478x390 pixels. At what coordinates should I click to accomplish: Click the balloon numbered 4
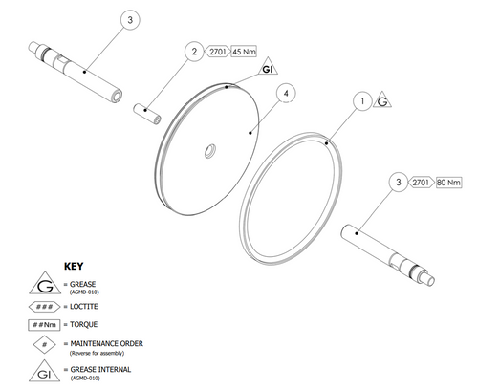286,94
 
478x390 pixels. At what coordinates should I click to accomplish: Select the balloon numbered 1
362,101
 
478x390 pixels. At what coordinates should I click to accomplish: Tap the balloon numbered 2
194,52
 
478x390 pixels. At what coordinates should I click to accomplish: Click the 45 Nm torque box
244,52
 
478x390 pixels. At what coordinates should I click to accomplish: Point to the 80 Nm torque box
448,183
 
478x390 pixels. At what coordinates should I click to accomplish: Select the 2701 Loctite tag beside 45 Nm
217,52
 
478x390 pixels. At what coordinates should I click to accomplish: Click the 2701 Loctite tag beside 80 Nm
422,183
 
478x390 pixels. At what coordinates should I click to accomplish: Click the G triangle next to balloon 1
382,101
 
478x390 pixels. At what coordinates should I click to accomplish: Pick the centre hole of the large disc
210,151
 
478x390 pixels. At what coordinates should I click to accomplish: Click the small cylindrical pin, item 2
147,114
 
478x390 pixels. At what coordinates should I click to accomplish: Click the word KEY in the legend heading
74,266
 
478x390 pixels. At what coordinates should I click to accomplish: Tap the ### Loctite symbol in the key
44,307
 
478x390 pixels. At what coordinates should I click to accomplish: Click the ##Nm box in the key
44,325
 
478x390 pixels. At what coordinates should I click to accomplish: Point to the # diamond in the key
45,344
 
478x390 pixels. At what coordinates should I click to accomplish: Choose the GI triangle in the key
44,373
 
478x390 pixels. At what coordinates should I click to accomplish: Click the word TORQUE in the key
84,325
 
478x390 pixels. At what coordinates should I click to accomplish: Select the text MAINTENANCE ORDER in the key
107,344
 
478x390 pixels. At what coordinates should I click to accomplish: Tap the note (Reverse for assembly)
97,353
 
